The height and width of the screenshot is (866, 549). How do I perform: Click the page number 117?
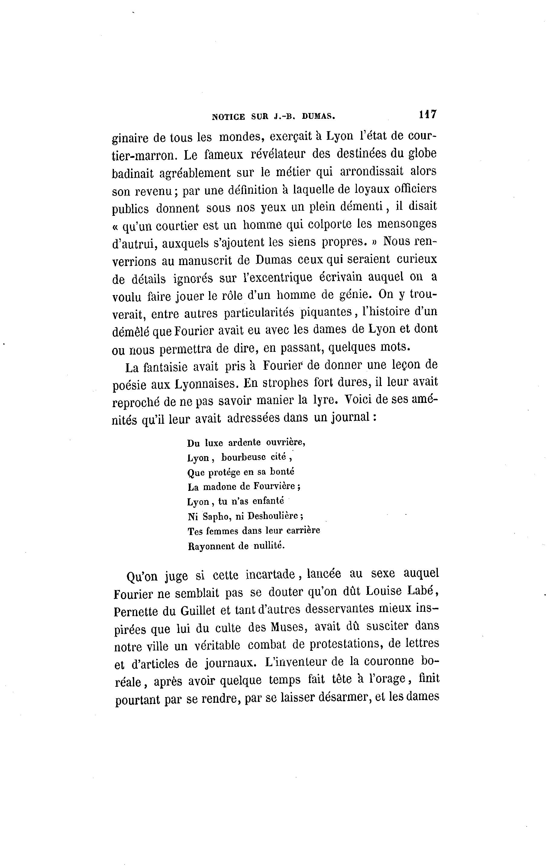(427, 114)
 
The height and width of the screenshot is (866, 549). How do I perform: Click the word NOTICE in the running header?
(228, 116)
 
